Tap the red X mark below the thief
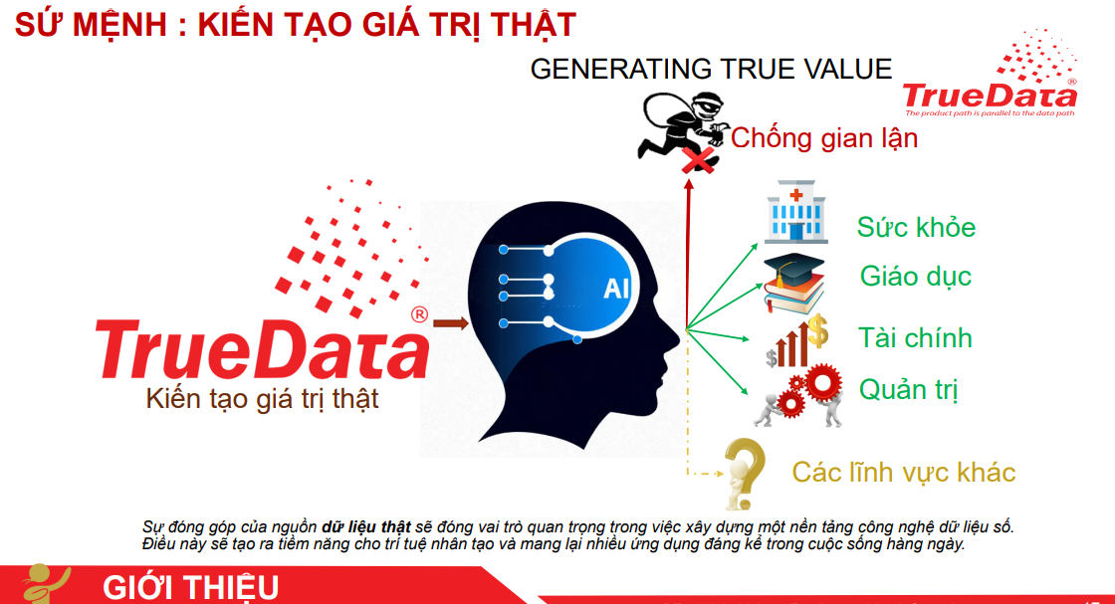(698, 161)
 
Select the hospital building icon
(795, 212)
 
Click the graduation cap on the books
(792, 268)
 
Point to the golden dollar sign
(817, 330)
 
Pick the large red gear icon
(822, 383)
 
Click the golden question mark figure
(743, 474)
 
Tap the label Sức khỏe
(916, 228)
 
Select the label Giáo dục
(915, 277)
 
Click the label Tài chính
(915, 337)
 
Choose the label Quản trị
(908, 390)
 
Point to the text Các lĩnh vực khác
(904, 473)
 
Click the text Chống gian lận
(824, 138)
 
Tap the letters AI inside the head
(616, 289)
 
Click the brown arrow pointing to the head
(451, 324)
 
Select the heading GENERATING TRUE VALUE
(711, 69)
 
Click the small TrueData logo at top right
(990, 74)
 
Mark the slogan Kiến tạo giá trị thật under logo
(262, 399)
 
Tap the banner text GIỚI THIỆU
(190, 588)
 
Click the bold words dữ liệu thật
(366, 526)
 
